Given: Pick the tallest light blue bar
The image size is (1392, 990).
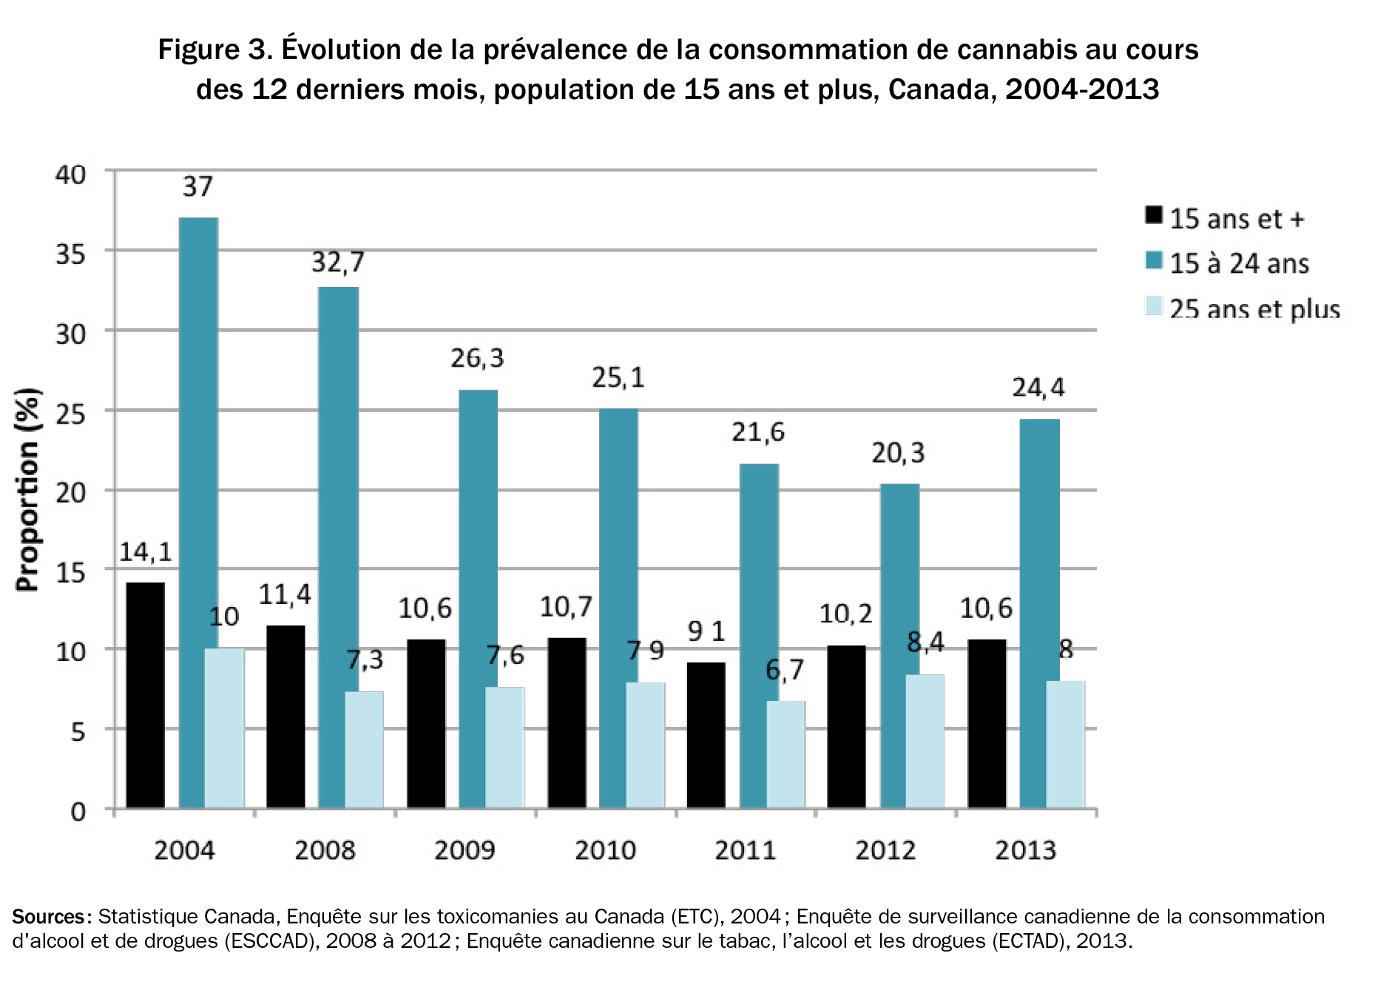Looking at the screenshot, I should tap(224, 728).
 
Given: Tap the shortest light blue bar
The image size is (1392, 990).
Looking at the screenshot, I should tap(785, 754).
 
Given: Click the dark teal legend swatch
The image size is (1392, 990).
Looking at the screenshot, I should tap(1153, 260).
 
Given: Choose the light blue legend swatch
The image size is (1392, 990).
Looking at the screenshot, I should tap(1153, 305).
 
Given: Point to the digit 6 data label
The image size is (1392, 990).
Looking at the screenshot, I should tap(773, 670).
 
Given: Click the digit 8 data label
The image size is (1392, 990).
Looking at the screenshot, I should tap(914, 642).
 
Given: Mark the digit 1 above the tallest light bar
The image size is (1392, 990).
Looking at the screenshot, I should tap(214, 617).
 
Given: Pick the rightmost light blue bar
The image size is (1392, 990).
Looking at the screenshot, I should tap(1065, 744).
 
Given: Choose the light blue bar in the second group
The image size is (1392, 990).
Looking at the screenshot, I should tap(364, 750).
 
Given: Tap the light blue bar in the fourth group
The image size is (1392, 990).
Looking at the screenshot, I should tap(645, 745).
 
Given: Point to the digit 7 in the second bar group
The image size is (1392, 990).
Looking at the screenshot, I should tap(354, 660).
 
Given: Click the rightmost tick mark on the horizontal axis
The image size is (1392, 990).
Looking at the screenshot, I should tap(1096, 813).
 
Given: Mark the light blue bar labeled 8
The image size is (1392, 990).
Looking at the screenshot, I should tap(925, 741).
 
